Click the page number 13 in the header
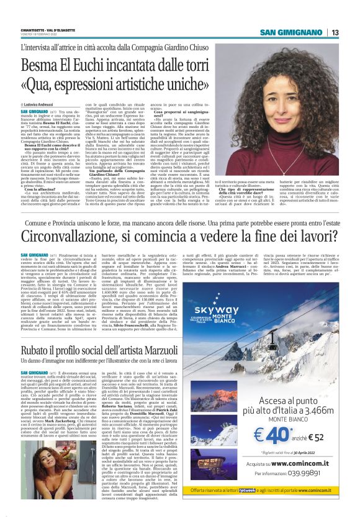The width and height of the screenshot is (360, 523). coord(335,32)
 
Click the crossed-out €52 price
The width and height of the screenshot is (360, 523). coord(318,454)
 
